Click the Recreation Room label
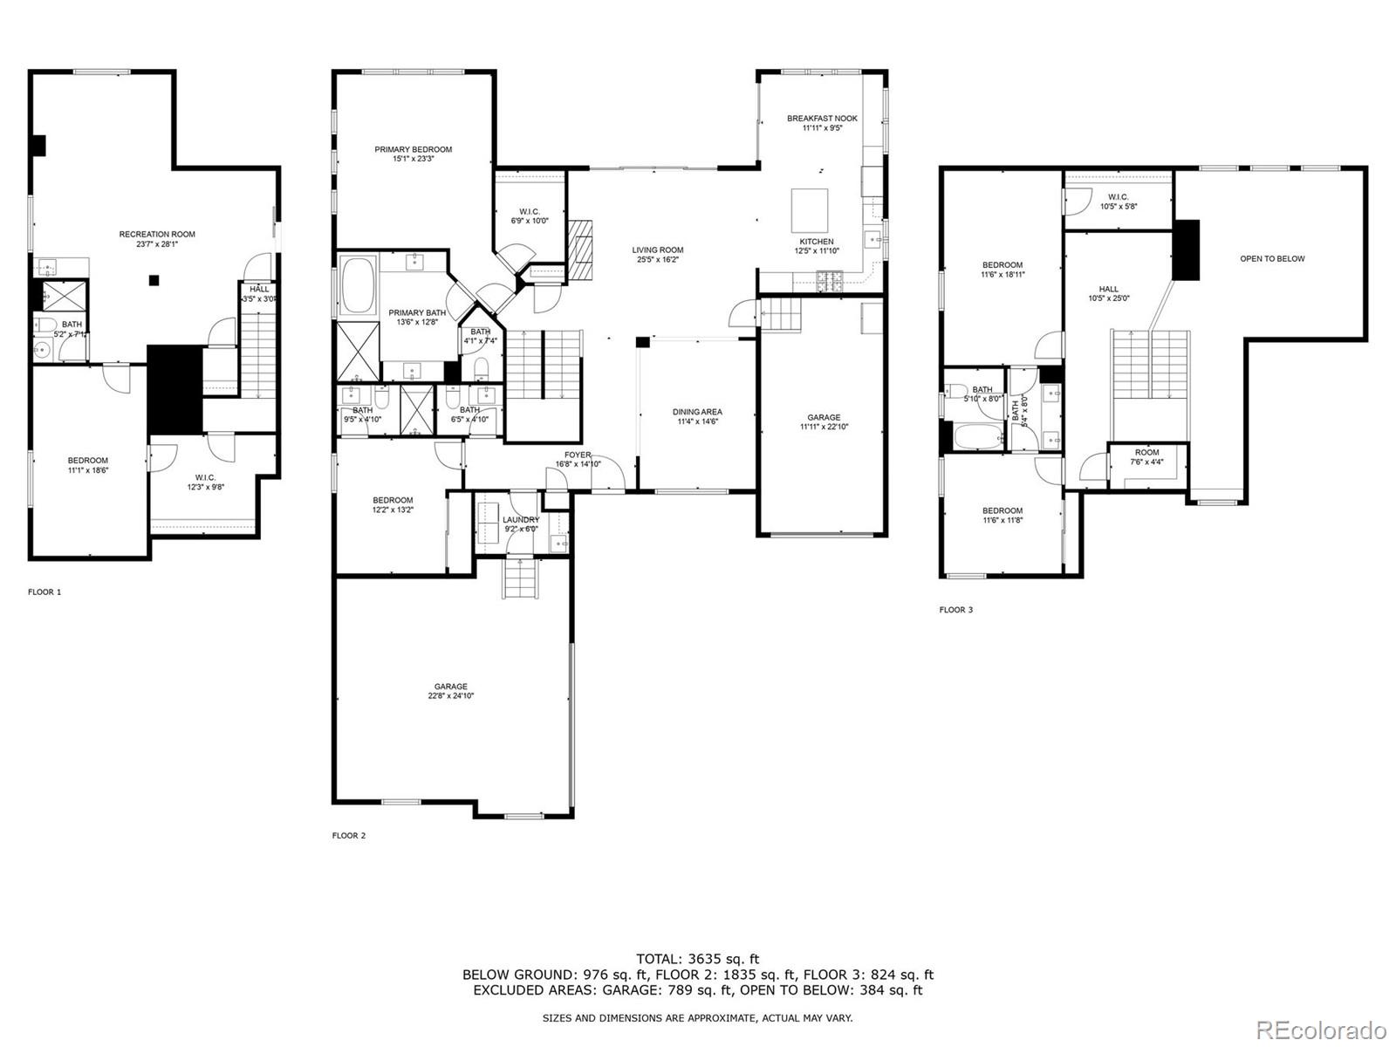pos(157,239)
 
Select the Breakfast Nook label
pos(822,123)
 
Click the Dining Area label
pos(697,417)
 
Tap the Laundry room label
pos(521,523)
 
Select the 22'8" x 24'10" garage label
pos(451,691)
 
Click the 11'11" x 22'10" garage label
pos(823,422)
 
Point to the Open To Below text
pos(1272,259)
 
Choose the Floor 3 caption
pos(955,610)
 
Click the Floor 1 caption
pos(44,592)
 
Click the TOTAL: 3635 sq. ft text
pos(697,959)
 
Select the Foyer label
pos(578,459)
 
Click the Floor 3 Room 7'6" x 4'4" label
pos(1146,457)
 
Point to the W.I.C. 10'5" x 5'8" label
pos(1119,202)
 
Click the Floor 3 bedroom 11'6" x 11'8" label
pos(1002,516)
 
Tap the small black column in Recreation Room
pos(154,280)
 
